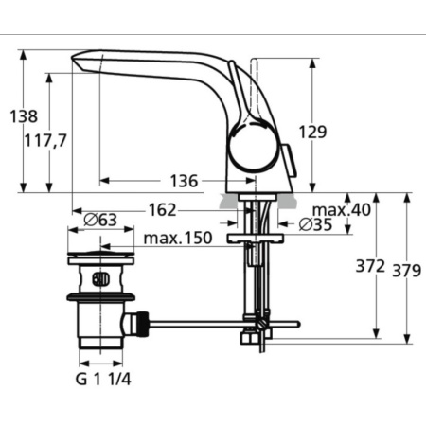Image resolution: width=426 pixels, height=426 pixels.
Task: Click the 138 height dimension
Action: tap(24, 117)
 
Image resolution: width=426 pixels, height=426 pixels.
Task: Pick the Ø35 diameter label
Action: tap(315, 225)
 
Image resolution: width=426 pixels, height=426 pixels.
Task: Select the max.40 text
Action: tap(342, 209)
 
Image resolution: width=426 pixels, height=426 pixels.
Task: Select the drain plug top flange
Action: tap(100, 257)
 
